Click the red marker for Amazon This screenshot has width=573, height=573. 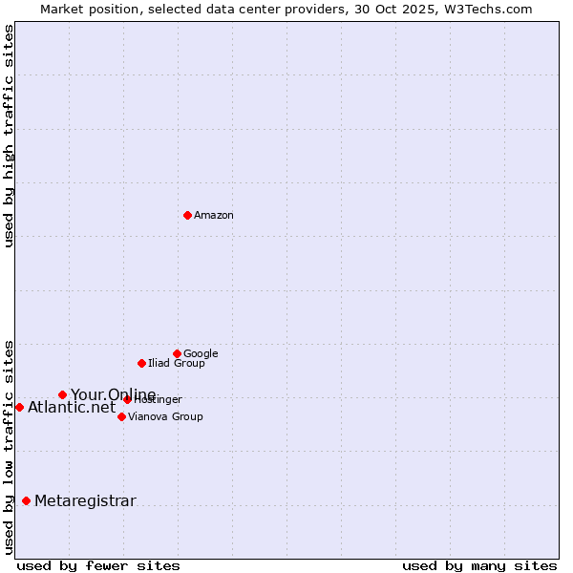187,215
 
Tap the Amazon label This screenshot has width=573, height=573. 214,216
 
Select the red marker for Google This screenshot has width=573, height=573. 177,353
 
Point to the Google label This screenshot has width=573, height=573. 201,354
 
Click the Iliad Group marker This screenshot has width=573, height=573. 141,363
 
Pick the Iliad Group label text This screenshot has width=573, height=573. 177,364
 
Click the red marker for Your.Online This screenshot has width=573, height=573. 62,394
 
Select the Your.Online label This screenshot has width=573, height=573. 113,395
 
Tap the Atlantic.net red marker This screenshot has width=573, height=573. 19,407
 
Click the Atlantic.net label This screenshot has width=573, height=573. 72,408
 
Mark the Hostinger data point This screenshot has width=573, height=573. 127,399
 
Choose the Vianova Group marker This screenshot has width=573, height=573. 121,416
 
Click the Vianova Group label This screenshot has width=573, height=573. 165,417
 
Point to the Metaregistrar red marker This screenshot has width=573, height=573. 26,500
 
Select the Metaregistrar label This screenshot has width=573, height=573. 85,501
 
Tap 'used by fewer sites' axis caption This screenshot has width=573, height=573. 98,565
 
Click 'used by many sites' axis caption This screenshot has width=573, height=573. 479,565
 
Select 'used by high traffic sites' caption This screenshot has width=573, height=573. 9,136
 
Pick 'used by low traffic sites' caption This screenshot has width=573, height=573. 9,446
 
